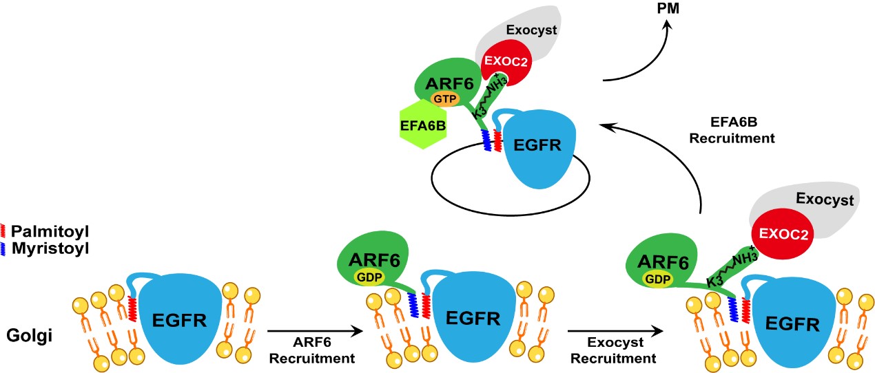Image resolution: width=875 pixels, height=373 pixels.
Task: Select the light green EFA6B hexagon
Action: coord(422,125)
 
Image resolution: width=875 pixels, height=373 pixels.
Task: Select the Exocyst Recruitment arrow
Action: coord(615,332)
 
